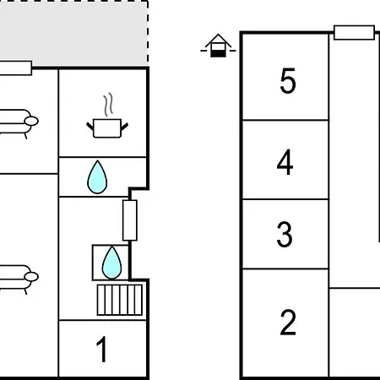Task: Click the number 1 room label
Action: (101, 349)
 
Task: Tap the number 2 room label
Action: (288, 323)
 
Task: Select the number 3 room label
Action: (285, 234)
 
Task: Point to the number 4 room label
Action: (285, 162)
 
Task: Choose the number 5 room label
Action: (288, 80)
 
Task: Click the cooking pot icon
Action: (107, 128)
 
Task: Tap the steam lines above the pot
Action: (108, 104)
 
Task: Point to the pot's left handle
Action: (90, 127)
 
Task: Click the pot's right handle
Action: (124, 127)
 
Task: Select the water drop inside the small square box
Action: (111, 263)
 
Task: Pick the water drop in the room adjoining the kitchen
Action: (97, 177)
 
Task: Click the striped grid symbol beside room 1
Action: (120, 300)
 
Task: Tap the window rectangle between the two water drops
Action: (130, 220)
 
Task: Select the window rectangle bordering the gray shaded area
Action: (15, 68)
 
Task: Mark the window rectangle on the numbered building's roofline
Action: (354, 33)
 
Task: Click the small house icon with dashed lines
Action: (218, 46)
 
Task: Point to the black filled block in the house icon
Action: (218, 53)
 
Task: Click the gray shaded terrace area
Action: (73, 34)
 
